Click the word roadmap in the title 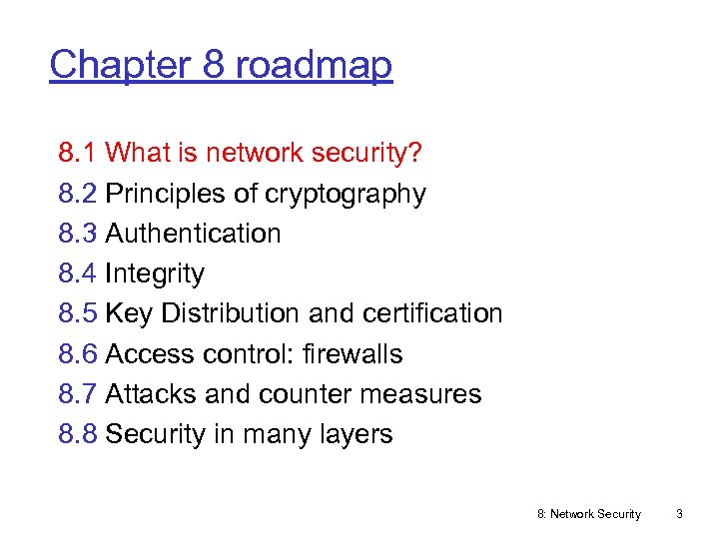click(314, 65)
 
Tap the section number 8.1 click(78, 153)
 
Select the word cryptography click(346, 194)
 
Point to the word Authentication click(193, 234)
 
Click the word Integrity click(155, 273)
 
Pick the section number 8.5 click(78, 313)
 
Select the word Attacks click(151, 394)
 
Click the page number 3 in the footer click(679, 514)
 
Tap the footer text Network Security click(595, 514)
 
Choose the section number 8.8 click(78, 434)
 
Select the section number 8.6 click(78, 354)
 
